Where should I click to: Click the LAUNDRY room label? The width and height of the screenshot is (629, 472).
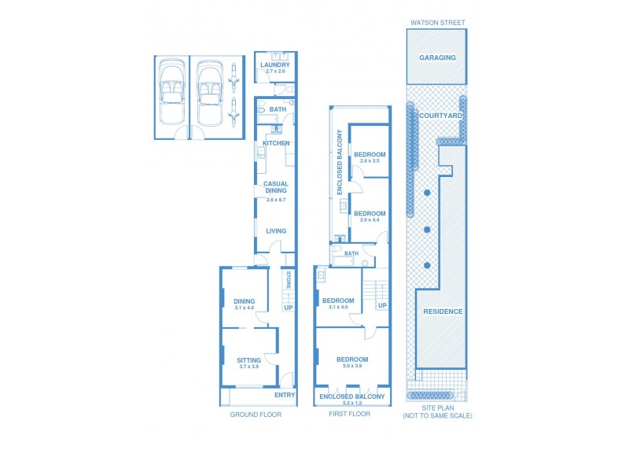[x=275, y=65]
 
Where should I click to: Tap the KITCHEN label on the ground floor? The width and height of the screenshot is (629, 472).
[x=276, y=143]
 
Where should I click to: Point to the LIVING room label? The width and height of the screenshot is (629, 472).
[x=276, y=230]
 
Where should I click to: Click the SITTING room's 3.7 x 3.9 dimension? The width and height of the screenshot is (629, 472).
[x=248, y=367]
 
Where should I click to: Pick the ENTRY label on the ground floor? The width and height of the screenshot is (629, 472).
[x=284, y=395]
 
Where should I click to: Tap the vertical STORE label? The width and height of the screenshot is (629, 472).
[x=289, y=280]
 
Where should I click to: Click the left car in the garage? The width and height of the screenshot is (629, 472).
[x=171, y=94]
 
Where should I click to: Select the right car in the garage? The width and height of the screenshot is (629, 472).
[x=208, y=94]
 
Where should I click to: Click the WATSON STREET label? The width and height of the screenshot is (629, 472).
[x=438, y=23]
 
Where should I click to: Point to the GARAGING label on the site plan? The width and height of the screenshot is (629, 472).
[x=438, y=57]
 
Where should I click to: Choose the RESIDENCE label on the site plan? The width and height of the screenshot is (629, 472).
[x=443, y=311]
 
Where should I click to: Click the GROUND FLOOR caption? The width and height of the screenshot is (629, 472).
[x=256, y=414]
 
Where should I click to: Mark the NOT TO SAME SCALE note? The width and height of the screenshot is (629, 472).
[x=438, y=415]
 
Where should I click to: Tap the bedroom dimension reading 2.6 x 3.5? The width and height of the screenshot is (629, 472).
[x=370, y=160]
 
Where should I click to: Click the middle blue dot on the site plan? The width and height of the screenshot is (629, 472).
[x=426, y=229]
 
